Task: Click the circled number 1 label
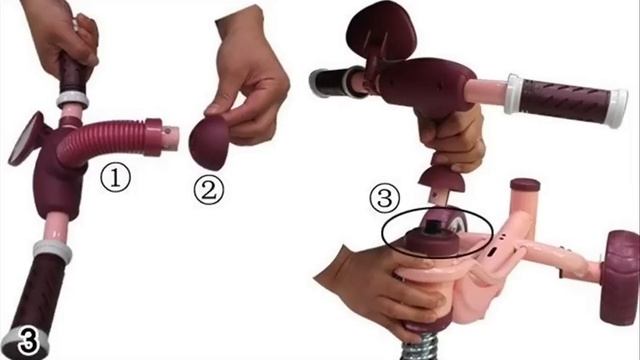click(x=116, y=179)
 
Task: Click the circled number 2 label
click(x=209, y=190)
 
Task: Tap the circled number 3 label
click(x=384, y=198)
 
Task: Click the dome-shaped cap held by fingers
click(x=209, y=142)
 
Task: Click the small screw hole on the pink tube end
click(x=167, y=131)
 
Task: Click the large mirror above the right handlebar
click(x=380, y=31)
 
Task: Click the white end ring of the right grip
click(x=616, y=109)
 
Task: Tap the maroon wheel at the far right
click(x=619, y=278)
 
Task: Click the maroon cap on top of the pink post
click(x=525, y=185)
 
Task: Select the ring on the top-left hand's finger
click(x=76, y=25)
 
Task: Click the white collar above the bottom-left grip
click(x=52, y=250)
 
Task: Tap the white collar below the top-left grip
click(x=72, y=100)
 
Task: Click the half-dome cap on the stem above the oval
click(x=443, y=180)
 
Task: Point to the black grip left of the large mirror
click(x=331, y=83)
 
